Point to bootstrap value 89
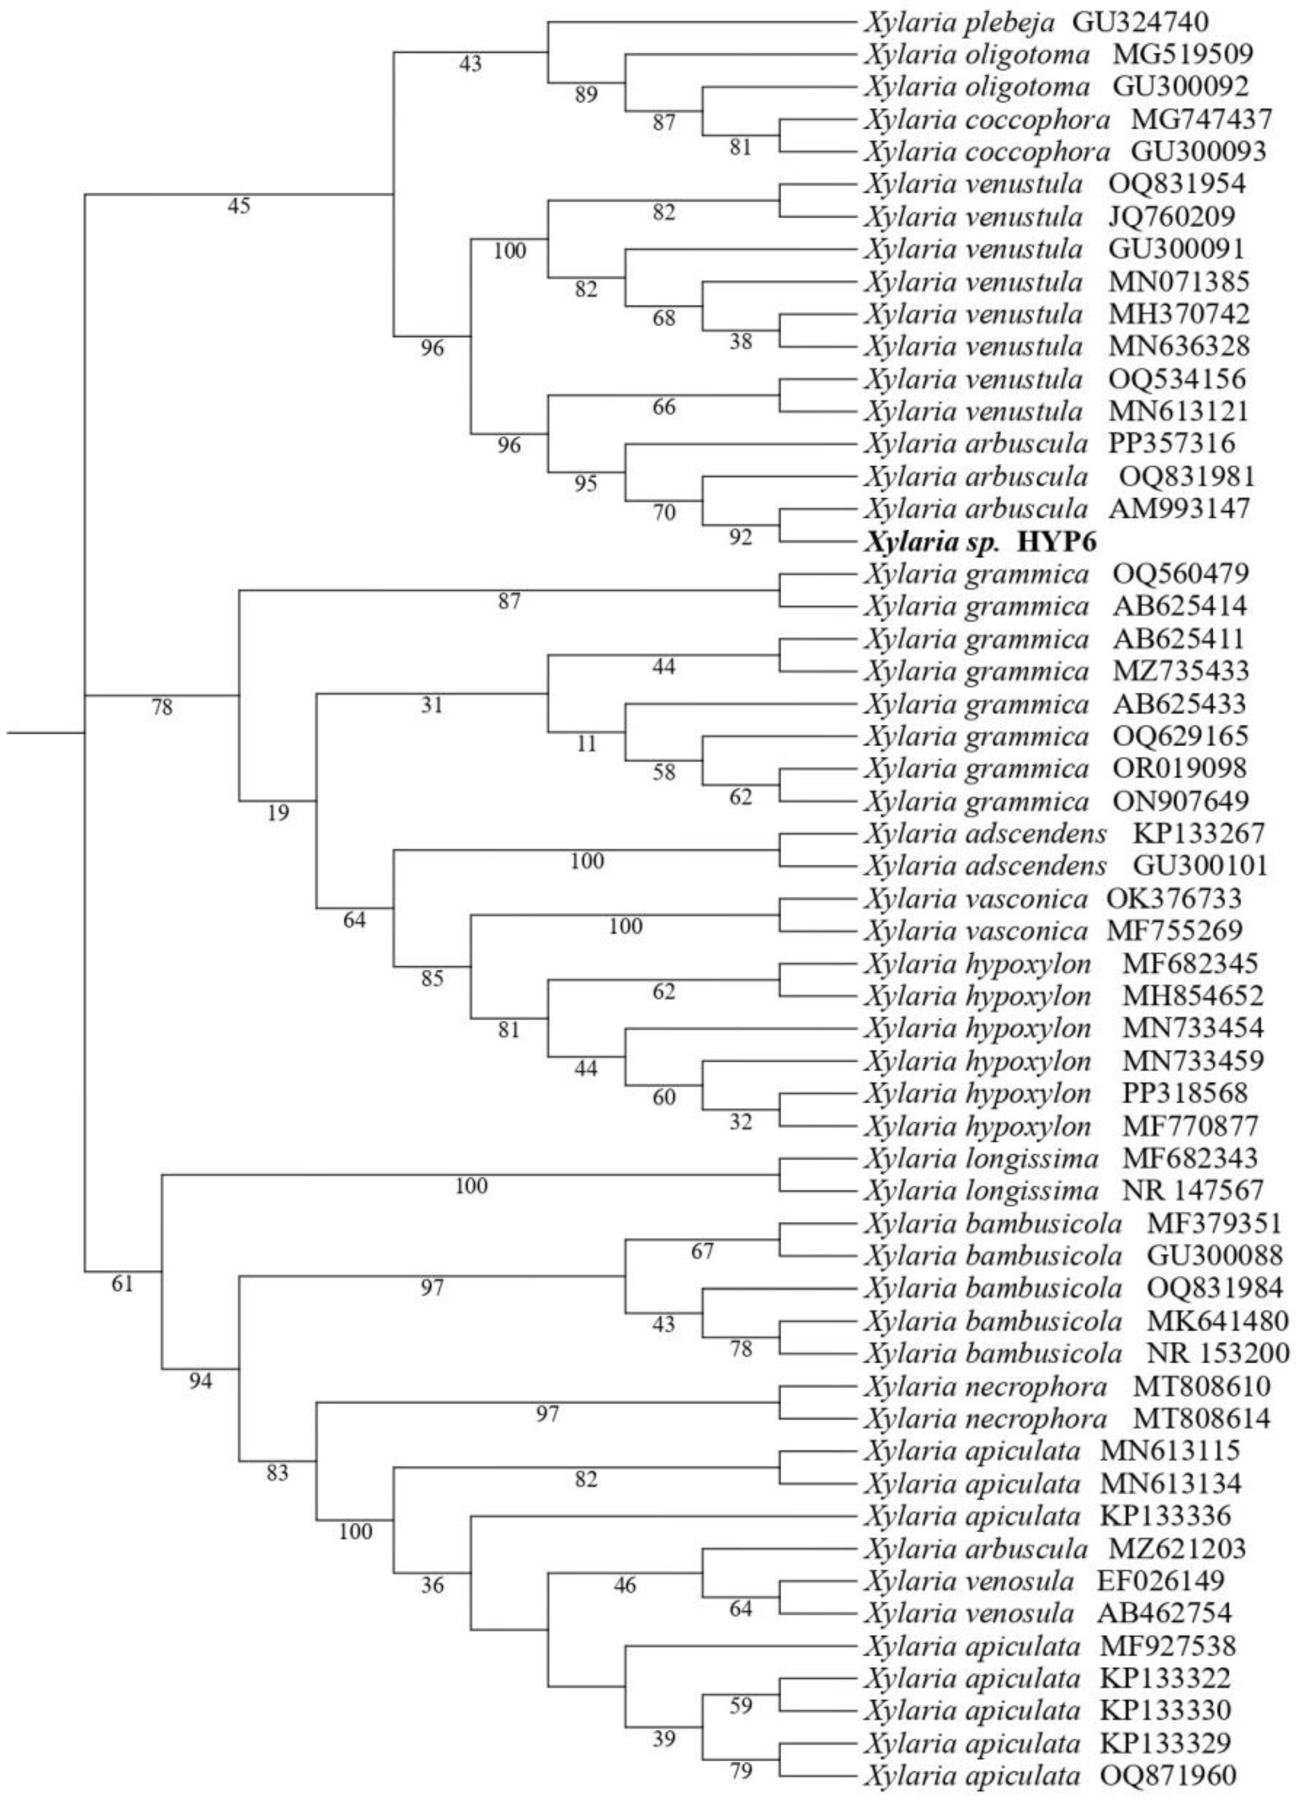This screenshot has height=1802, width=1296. [586, 95]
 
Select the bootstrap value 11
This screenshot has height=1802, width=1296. [586, 743]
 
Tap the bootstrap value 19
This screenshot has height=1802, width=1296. [278, 813]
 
